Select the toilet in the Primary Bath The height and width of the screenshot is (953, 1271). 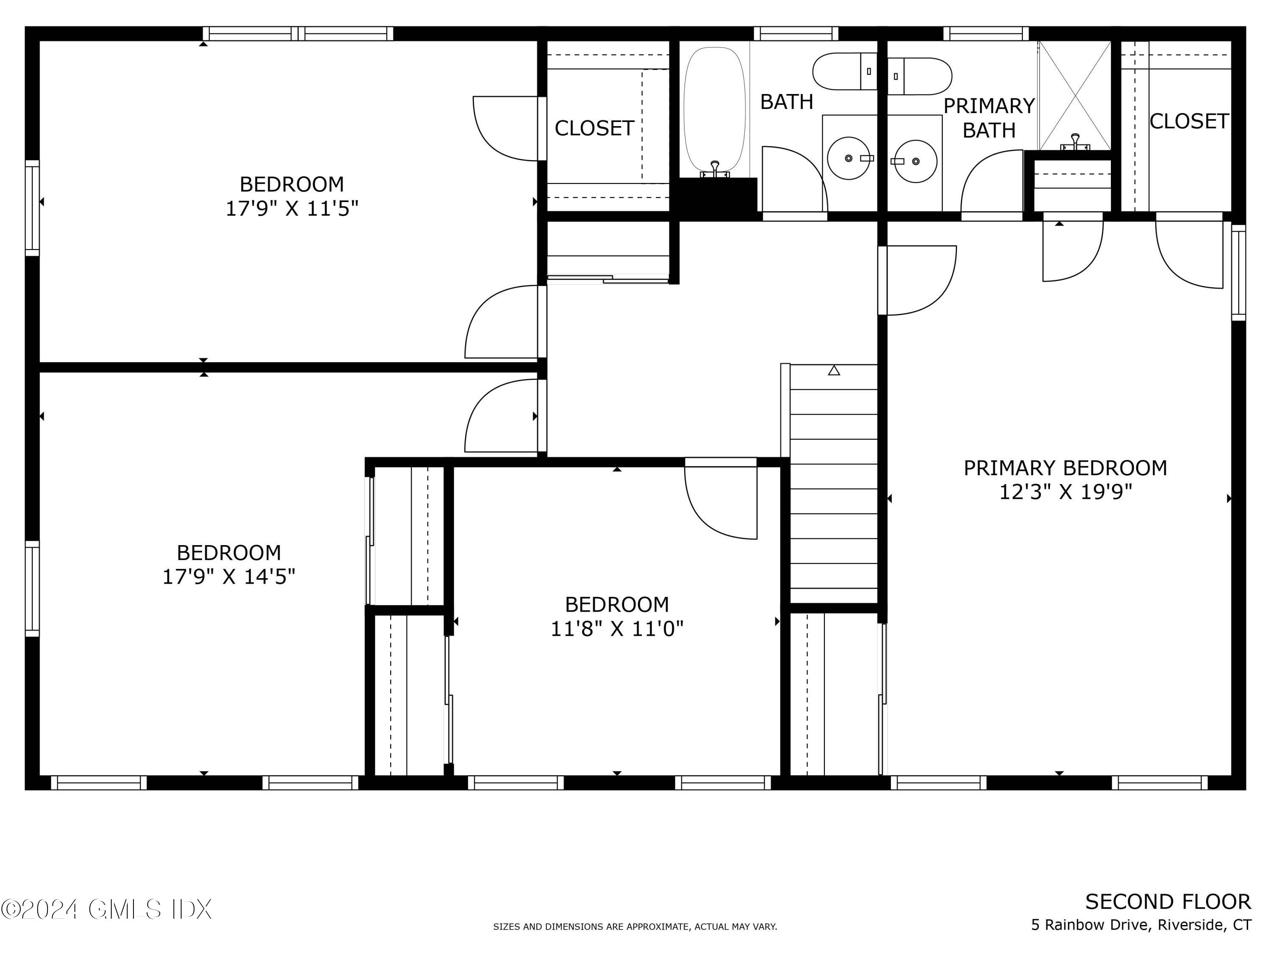(x=920, y=76)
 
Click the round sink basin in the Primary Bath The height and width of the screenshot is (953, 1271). (x=916, y=161)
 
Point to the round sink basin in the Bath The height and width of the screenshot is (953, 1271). (x=849, y=158)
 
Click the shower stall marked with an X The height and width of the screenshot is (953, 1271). (x=1074, y=95)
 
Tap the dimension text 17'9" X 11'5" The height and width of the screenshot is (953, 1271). (x=292, y=208)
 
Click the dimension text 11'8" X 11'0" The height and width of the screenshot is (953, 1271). (x=617, y=629)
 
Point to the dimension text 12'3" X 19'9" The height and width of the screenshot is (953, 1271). (x=1065, y=492)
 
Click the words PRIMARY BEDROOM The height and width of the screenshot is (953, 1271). (x=1065, y=468)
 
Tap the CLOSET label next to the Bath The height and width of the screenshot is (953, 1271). (x=594, y=128)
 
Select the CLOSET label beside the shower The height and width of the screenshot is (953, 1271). (x=1189, y=121)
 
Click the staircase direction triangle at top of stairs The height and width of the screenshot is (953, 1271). (x=834, y=371)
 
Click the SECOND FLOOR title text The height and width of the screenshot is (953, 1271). (x=1168, y=903)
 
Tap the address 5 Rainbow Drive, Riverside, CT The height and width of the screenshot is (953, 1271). (x=1141, y=925)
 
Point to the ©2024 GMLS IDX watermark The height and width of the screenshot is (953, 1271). (x=107, y=909)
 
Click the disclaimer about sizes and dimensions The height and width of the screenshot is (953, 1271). (x=635, y=927)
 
